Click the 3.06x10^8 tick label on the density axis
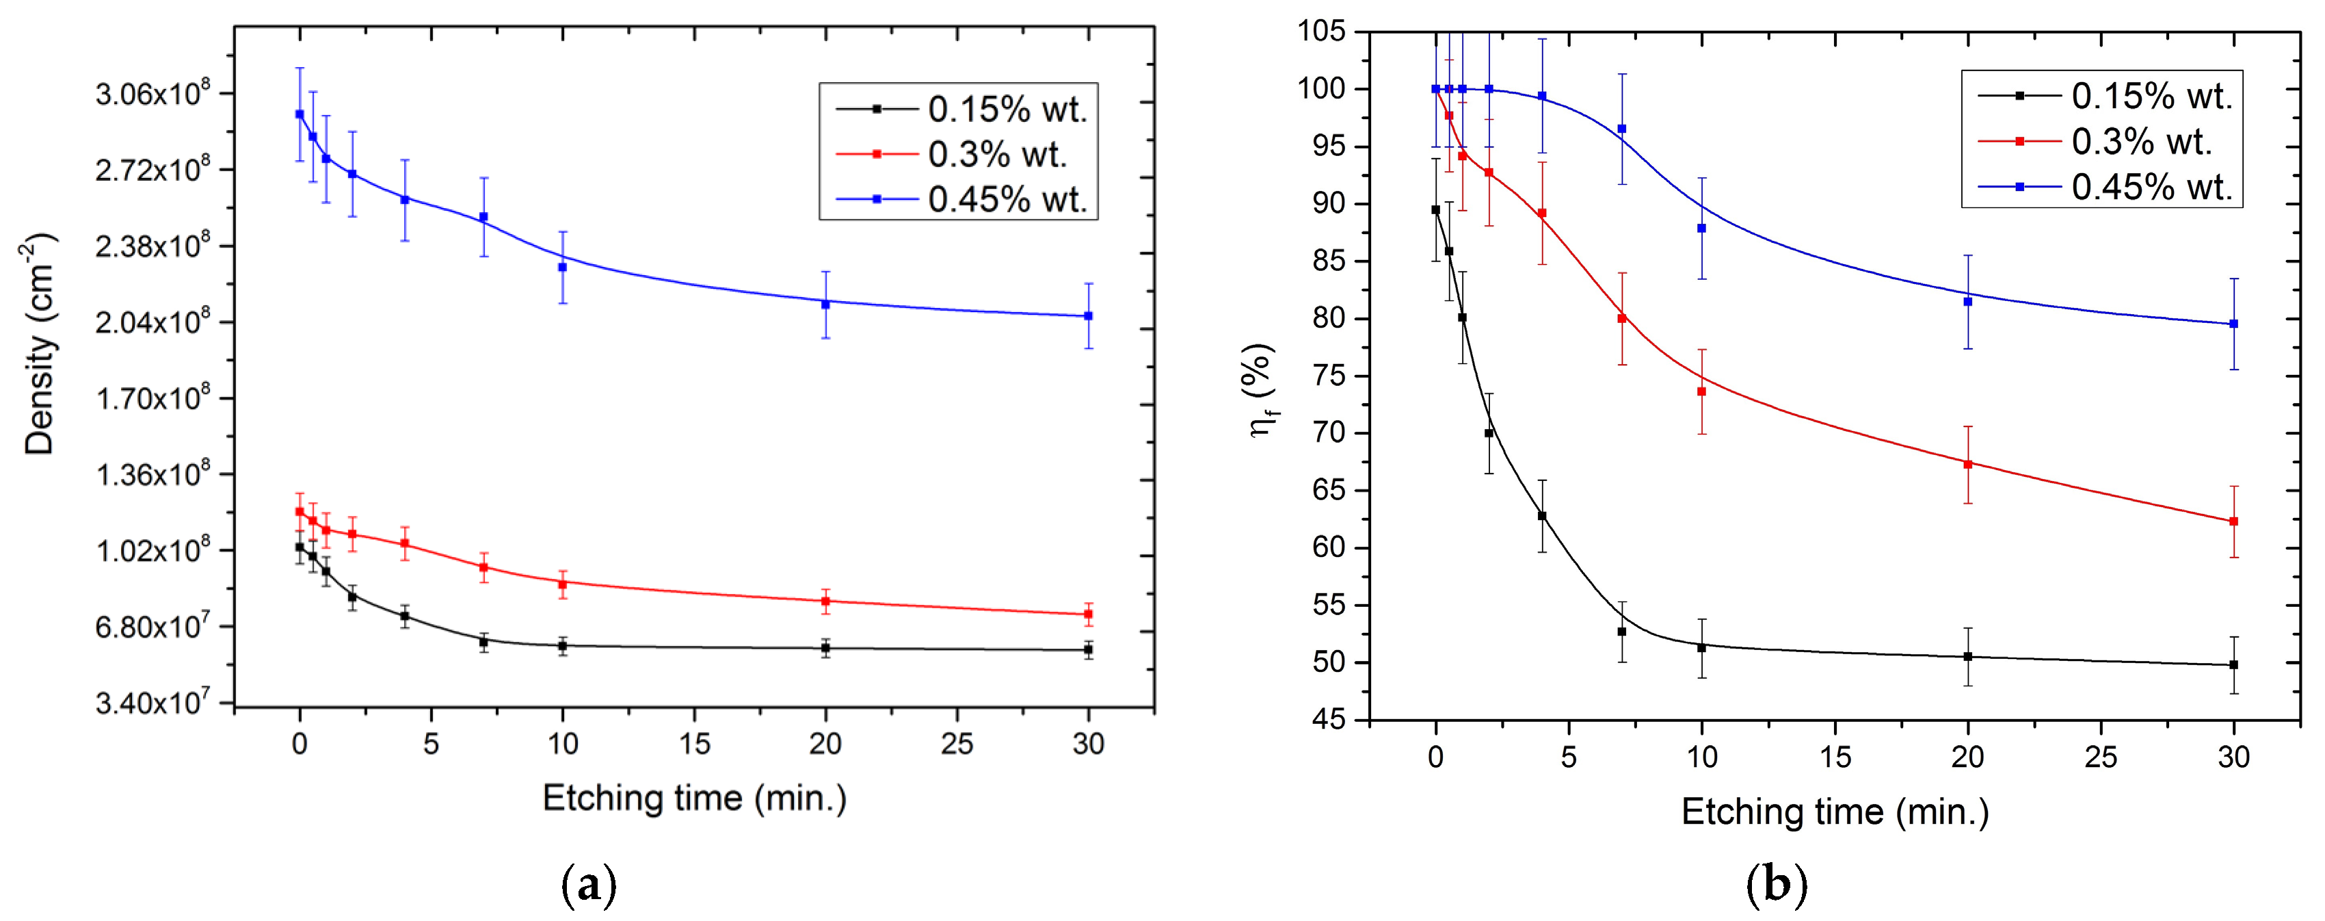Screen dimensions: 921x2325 point(152,94)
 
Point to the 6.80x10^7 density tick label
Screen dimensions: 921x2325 point(152,625)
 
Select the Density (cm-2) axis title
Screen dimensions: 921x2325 point(40,343)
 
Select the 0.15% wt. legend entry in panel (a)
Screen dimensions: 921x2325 point(1007,109)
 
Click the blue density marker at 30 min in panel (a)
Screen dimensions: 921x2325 point(1087,316)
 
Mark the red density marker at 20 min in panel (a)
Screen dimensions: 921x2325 point(825,601)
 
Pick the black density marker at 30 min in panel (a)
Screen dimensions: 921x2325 point(1087,649)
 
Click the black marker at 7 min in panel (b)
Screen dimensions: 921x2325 point(1622,632)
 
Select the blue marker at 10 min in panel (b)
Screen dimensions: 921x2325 point(1701,229)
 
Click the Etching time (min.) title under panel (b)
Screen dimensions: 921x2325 point(1835,812)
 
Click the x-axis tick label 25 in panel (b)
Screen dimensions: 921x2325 point(2100,757)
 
